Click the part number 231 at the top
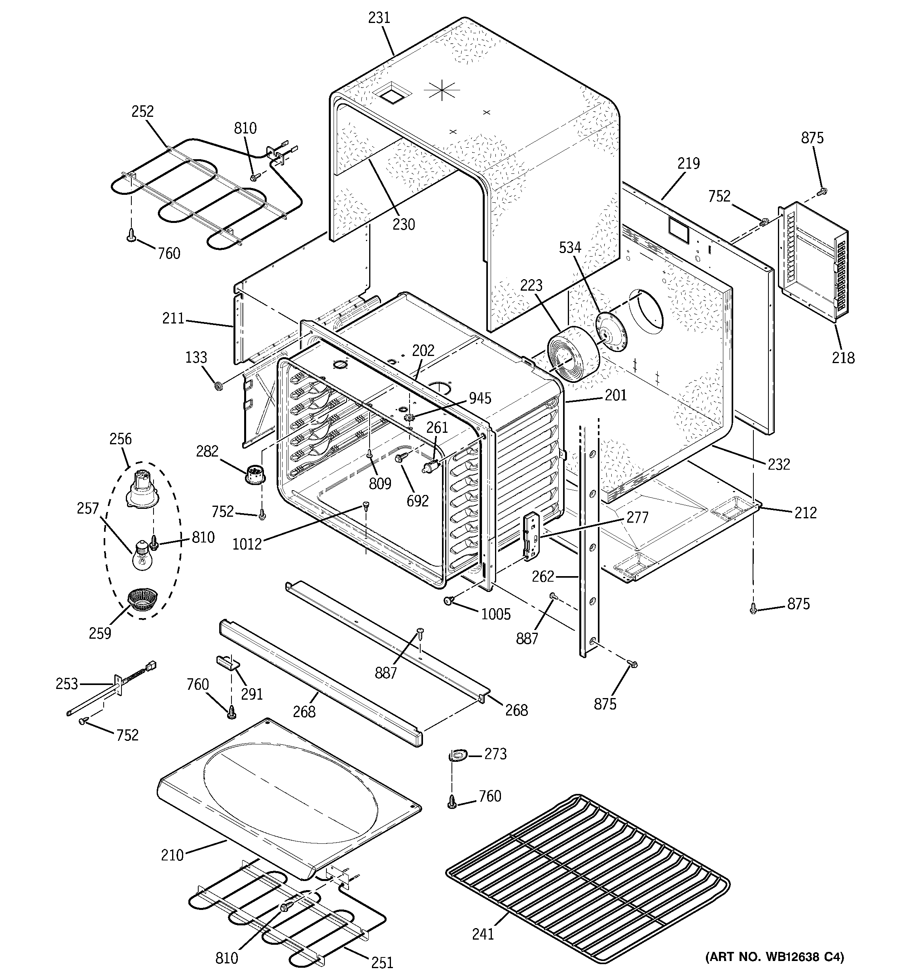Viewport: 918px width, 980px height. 379,18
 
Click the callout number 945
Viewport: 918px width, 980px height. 480,398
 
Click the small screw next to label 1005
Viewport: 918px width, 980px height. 448,600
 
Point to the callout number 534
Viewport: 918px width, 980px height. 570,247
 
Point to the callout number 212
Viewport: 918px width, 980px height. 806,513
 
